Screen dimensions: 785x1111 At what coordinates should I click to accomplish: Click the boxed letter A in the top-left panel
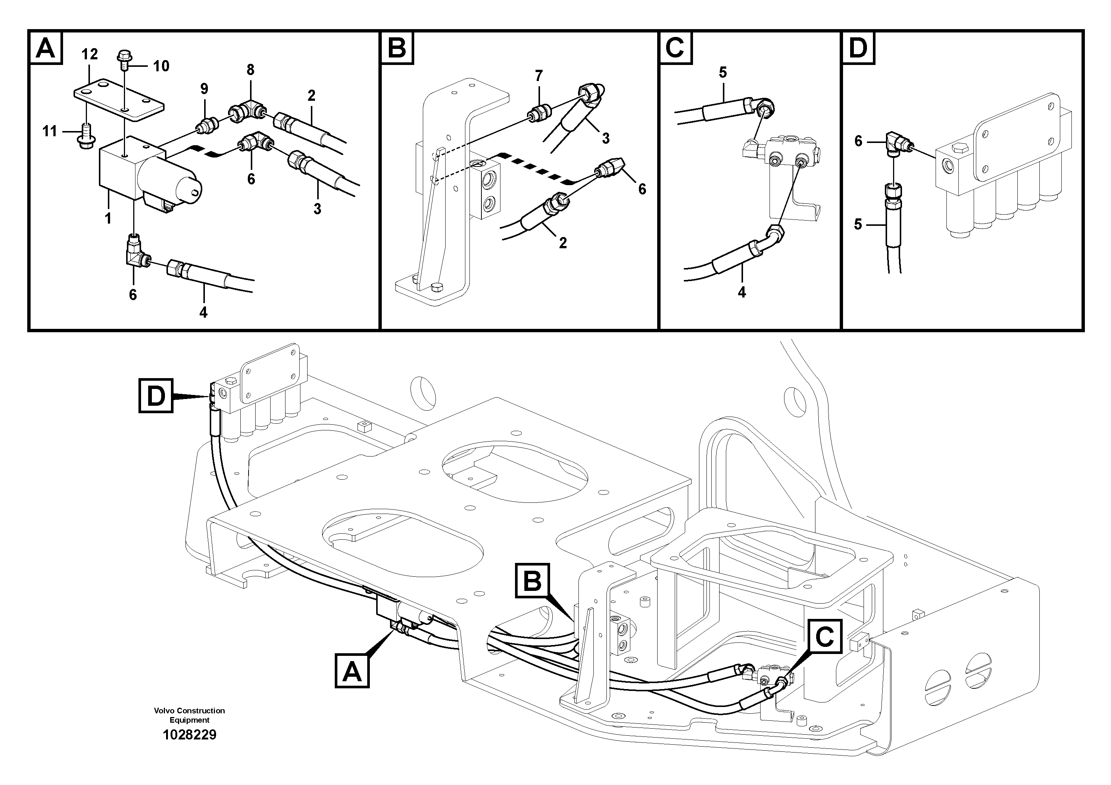[46, 48]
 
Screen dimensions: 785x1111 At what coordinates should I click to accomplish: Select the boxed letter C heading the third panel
[675, 48]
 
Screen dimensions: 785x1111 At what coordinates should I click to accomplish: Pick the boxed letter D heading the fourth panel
[858, 48]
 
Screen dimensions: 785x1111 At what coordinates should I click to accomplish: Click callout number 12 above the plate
[90, 54]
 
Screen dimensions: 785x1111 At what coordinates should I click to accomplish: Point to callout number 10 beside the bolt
[161, 66]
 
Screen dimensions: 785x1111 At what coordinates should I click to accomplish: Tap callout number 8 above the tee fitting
[250, 70]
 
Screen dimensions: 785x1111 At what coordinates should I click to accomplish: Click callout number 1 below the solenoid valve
[108, 218]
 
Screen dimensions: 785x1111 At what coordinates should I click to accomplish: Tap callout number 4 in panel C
[742, 292]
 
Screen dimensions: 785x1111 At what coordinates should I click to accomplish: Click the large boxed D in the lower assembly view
[156, 396]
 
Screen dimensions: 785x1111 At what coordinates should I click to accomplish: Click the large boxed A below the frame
[352, 671]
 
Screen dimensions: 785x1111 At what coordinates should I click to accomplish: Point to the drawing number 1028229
[189, 735]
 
